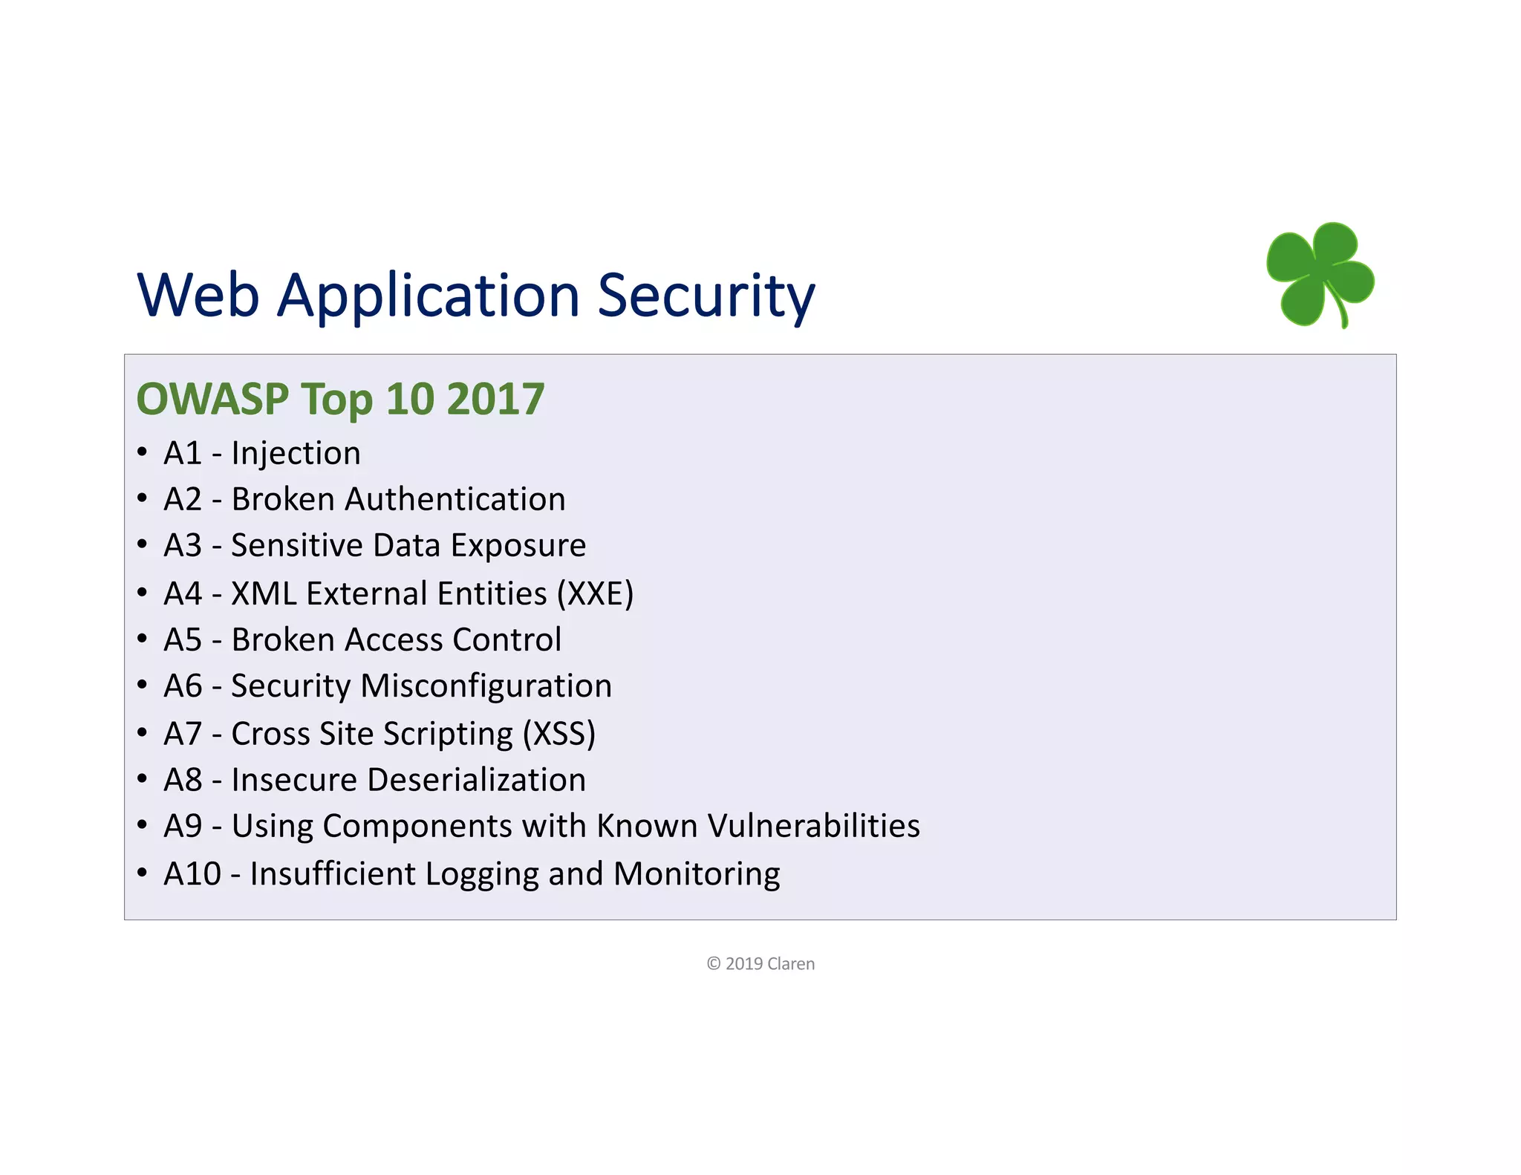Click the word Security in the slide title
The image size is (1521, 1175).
click(706, 296)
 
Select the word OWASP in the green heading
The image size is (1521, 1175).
click(212, 399)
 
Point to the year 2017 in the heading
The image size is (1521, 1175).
click(495, 399)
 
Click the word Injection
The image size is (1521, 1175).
click(296, 453)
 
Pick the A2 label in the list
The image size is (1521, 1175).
click(183, 499)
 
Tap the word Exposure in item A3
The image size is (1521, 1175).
click(518, 545)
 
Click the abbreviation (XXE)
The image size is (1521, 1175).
click(596, 593)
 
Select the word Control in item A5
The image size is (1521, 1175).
click(507, 639)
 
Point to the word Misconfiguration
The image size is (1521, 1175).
click(486, 686)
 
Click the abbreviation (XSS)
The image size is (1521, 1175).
click(558, 734)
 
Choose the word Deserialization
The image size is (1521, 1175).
click(476, 780)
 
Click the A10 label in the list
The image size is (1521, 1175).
click(192, 873)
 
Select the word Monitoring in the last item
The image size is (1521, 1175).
click(697, 873)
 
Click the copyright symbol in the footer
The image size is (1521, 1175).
click(714, 963)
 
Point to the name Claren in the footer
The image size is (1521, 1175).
click(791, 963)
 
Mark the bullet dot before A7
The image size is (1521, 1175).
click(142, 732)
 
